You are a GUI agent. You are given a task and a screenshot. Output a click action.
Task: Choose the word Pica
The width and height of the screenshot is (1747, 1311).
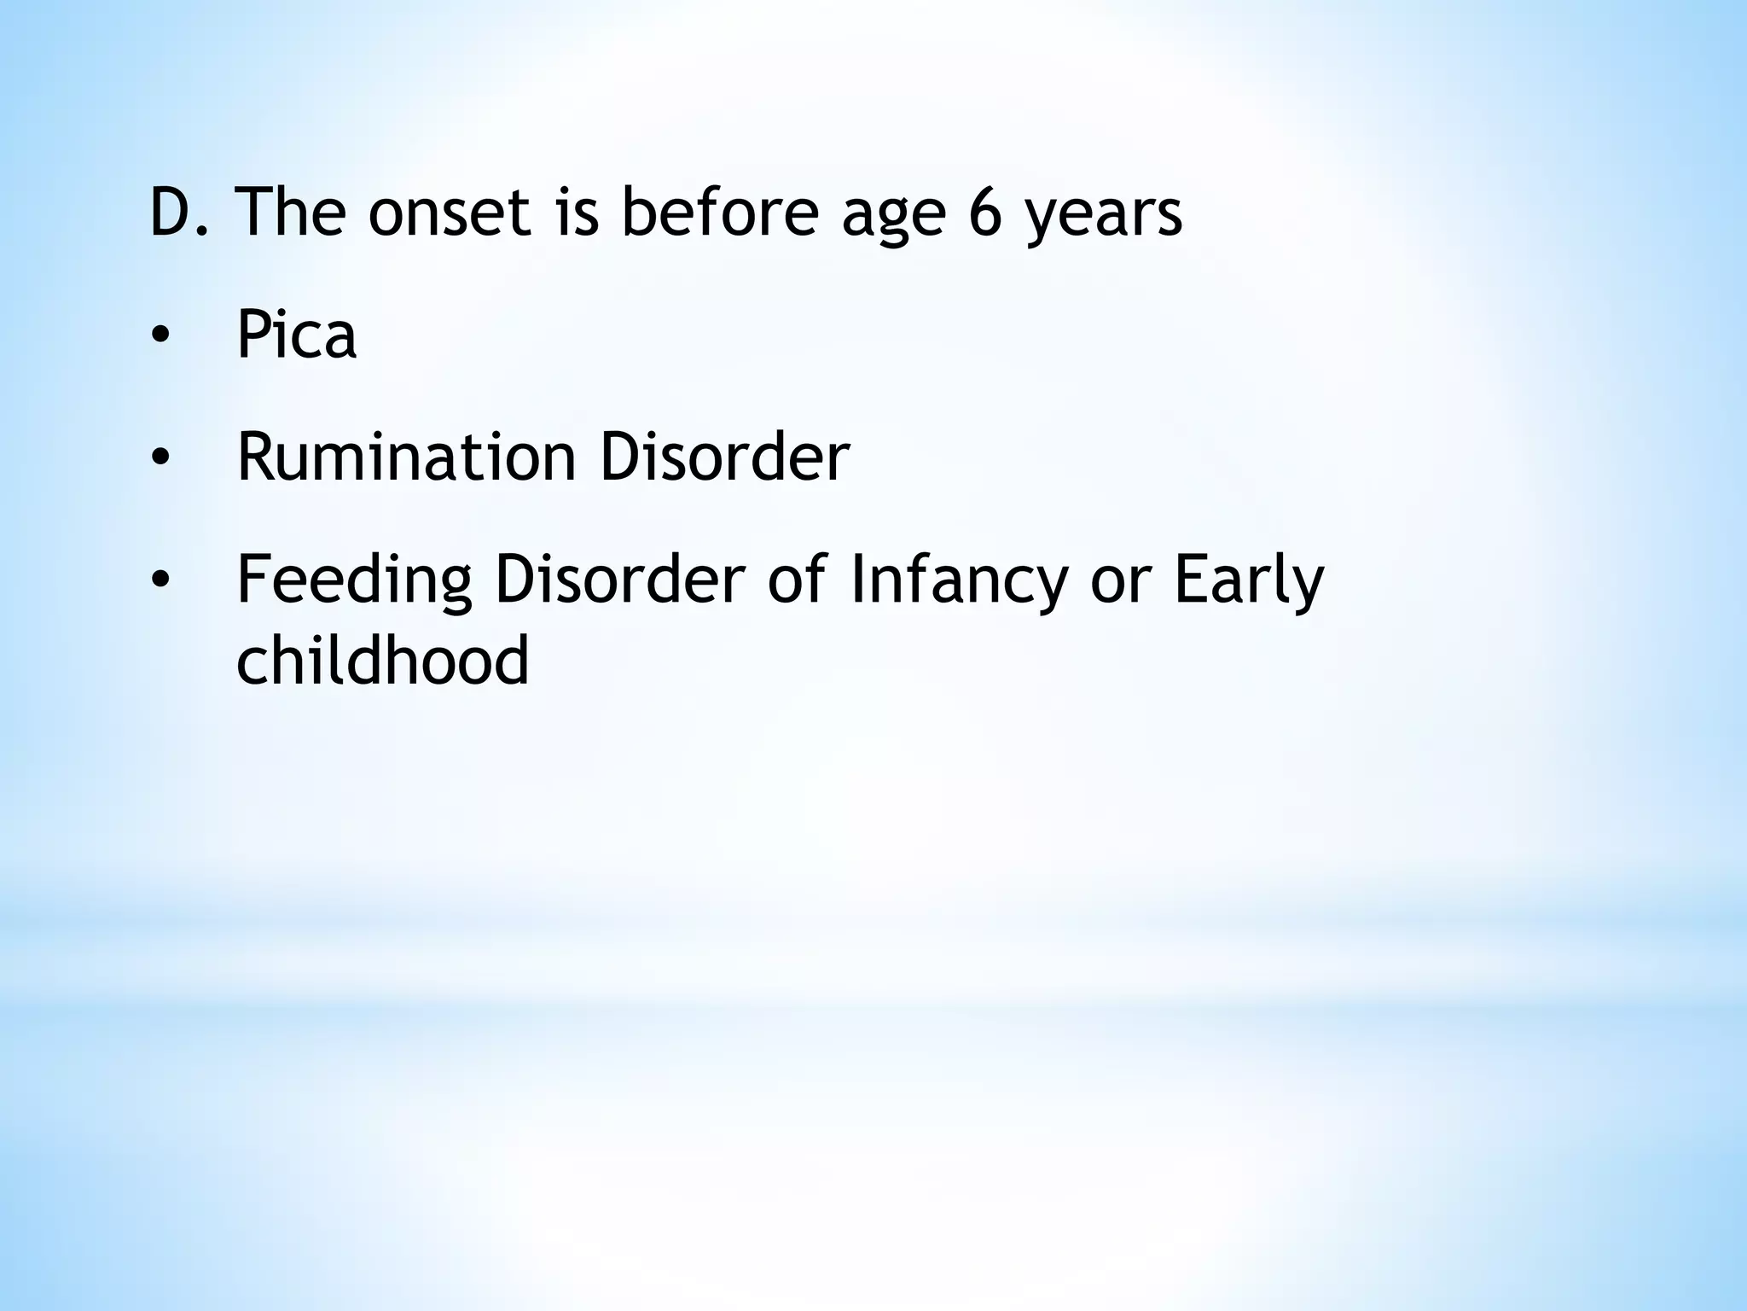[x=296, y=335]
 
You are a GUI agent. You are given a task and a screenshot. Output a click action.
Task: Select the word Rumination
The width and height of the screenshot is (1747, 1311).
[x=406, y=457]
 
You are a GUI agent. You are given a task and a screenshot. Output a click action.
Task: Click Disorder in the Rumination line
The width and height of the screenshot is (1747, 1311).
[x=724, y=457]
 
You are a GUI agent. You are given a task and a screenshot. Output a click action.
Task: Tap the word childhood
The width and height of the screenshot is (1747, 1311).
[x=383, y=659]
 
